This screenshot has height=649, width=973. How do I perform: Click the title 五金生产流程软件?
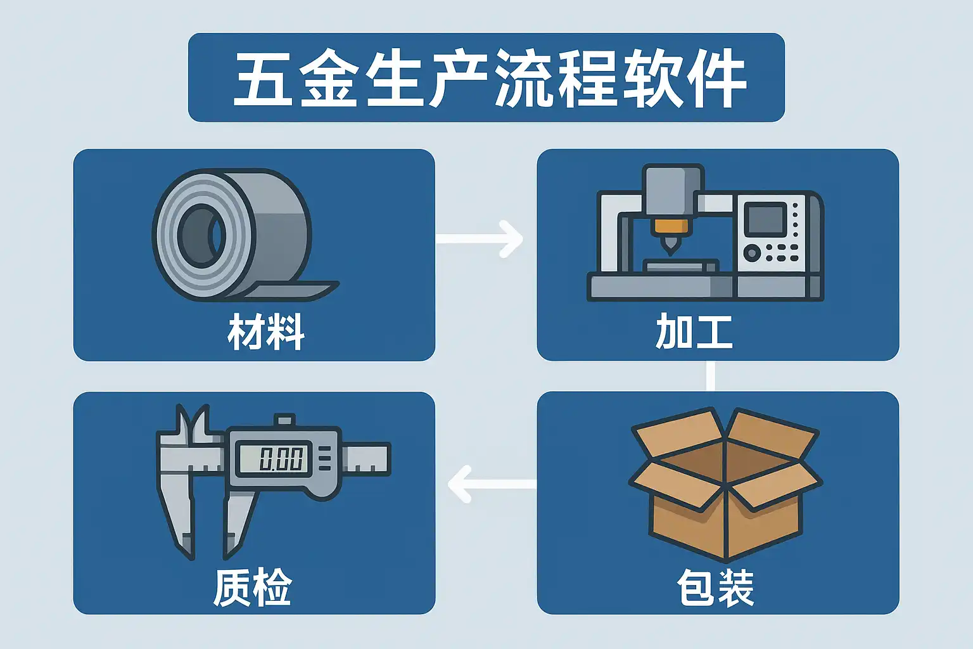[486, 78]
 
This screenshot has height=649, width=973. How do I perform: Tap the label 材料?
[266, 331]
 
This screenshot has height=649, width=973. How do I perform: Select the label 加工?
[694, 331]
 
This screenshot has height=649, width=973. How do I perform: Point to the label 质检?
[252, 588]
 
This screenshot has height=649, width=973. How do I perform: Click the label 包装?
[715, 588]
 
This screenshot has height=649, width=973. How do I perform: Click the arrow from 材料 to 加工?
[480, 238]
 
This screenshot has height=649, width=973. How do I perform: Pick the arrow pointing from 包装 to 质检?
[491, 484]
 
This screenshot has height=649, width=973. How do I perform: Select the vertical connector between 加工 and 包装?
[710, 376]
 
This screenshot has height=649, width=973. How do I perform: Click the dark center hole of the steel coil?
[201, 235]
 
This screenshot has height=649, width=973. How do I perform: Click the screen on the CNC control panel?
[765, 219]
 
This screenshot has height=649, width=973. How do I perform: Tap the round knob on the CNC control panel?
[752, 253]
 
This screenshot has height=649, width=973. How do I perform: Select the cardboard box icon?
[725, 485]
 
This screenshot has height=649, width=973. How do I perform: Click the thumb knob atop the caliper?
[284, 420]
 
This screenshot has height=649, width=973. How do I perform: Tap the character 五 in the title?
[262, 79]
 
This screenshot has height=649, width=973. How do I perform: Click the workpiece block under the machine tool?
[680, 265]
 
